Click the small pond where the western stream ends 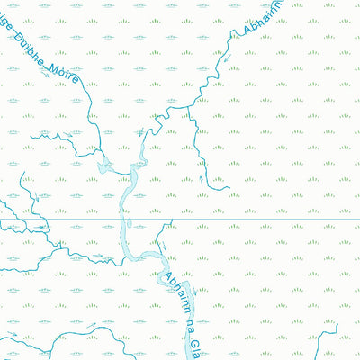point(104,166)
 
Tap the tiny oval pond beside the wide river point(130,222)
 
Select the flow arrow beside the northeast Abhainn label point(229,56)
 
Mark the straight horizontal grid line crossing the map point(270,219)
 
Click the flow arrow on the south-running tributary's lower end point(202,179)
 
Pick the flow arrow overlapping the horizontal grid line point(40,225)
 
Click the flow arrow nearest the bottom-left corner point(14,337)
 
